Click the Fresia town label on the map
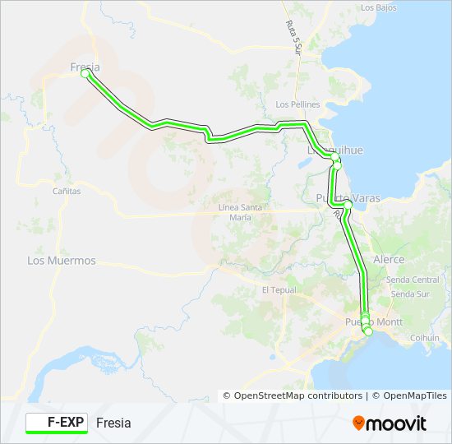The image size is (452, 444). tap(85, 67)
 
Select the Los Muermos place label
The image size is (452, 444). tap(62, 261)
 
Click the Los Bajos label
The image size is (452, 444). tap(379, 7)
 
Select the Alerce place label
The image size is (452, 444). tap(389, 259)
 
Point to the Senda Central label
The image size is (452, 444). tap(420, 280)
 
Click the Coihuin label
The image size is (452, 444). tap(425, 337)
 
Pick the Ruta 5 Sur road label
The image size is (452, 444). tap(294, 36)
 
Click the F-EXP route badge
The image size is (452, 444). tap(56, 423)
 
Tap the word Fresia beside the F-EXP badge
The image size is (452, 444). tap(113, 423)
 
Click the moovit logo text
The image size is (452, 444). tap(398, 423)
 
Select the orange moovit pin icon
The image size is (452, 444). tap(359, 423)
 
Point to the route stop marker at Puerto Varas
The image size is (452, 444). tap(348, 203)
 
